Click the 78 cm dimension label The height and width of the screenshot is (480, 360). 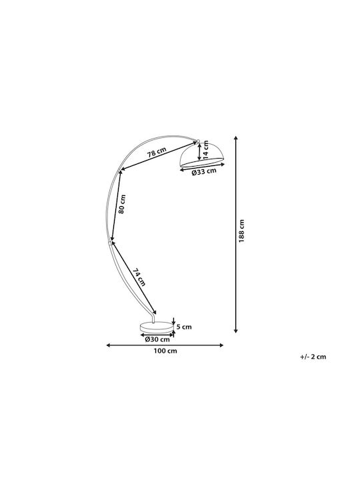pyautogui.click(x=157, y=152)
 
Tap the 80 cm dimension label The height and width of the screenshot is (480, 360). pyautogui.click(x=122, y=204)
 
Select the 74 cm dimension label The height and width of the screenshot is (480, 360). pyautogui.click(x=139, y=277)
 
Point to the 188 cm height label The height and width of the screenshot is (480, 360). pyautogui.click(x=242, y=231)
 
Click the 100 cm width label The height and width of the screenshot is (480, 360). pyautogui.click(x=165, y=351)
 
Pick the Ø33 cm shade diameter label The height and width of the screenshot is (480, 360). pyautogui.click(x=204, y=172)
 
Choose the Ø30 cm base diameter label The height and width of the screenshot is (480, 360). pyautogui.click(x=157, y=339)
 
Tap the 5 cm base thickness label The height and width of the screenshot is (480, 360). pyautogui.click(x=184, y=327)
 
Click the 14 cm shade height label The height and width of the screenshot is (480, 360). pyautogui.click(x=206, y=150)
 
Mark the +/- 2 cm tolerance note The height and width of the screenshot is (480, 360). pyautogui.click(x=313, y=357)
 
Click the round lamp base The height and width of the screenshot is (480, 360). pyautogui.click(x=156, y=327)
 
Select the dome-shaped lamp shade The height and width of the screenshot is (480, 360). pyautogui.click(x=203, y=155)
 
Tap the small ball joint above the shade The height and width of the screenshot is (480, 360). pyautogui.click(x=198, y=141)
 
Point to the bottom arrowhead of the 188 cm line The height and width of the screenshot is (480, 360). pyautogui.click(x=236, y=331)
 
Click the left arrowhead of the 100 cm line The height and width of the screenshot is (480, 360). pyautogui.click(x=108, y=345)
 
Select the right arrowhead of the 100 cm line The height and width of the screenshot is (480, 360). pyautogui.click(x=221, y=345)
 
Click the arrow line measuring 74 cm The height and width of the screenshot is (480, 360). pyautogui.click(x=134, y=277)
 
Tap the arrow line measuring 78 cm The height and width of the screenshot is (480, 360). pyautogui.click(x=158, y=155)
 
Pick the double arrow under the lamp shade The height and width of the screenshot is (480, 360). pyautogui.click(x=203, y=166)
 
